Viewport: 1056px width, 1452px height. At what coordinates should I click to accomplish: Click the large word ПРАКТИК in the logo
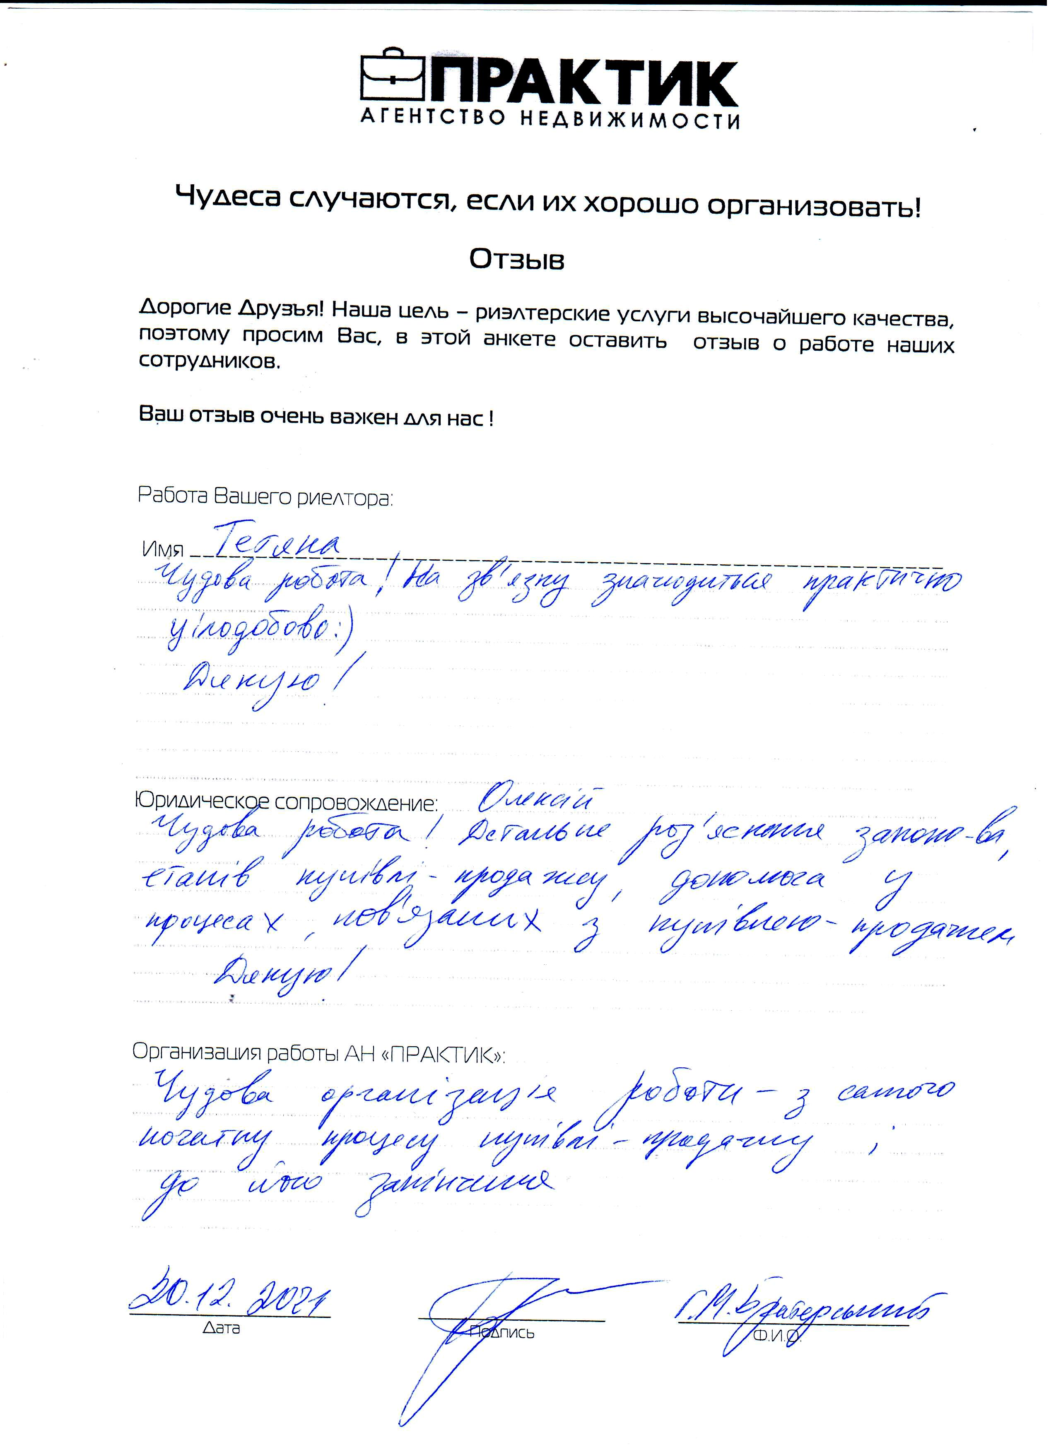[x=583, y=83]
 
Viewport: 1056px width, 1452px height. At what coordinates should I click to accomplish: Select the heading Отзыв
[x=517, y=259]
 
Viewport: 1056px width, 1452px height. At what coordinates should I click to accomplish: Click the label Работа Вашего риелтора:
[x=265, y=497]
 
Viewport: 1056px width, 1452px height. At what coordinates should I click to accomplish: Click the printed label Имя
[x=163, y=549]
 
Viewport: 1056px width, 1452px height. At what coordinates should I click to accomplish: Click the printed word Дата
[x=221, y=1329]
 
